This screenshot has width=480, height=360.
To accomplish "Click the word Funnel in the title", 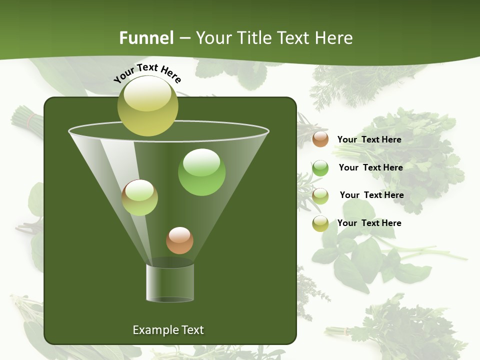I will pyautogui.click(x=146, y=38).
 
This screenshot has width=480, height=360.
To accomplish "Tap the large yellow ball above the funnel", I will pyautogui.click(x=148, y=106).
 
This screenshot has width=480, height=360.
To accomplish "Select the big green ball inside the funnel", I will pyautogui.click(x=201, y=172).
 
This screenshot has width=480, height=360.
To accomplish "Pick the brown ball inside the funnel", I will pyautogui.click(x=179, y=240).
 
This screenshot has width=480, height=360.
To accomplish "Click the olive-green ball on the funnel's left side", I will pyautogui.click(x=139, y=198).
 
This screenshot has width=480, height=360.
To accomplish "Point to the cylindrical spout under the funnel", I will pyautogui.click(x=170, y=282).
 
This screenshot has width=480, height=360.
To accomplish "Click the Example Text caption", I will pyautogui.click(x=168, y=330).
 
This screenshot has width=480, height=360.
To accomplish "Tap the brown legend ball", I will pyautogui.click(x=320, y=139).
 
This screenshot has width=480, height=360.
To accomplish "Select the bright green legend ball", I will pyautogui.click(x=320, y=168).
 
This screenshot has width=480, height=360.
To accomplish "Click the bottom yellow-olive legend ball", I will pyautogui.click(x=320, y=223).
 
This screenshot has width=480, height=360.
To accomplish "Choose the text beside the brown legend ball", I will pyautogui.click(x=369, y=139).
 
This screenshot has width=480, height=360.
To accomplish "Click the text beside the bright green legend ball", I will pyautogui.click(x=370, y=167).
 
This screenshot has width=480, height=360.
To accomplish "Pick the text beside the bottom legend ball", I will pyautogui.click(x=369, y=223).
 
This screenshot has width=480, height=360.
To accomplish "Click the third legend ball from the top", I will pyautogui.click(x=320, y=196).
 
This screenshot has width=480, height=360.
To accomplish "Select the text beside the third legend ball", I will pyautogui.click(x=371, y=195).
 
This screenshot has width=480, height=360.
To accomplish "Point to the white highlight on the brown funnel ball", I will pyautogui.click(x=179, y=234).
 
